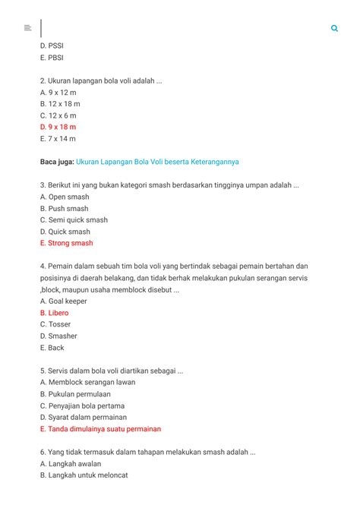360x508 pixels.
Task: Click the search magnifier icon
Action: pyautogui.click(x=334, y=28)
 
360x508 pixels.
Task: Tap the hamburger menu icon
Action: pyautogui.click(x=27, y=28)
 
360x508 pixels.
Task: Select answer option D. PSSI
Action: pyautogui.click(x=52, y=46)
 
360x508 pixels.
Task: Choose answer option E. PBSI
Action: pyautogui.click(x=52, y=57)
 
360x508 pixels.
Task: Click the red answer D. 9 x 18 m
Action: pyautogui.click(x=58, y=127)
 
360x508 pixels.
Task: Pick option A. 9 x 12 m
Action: pyautogui.click(x=58, y=92)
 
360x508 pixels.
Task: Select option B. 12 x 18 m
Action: pyautogui.click(x=60, y=103)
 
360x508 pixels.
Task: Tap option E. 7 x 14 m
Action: pyautogui.click(x=58, y=139)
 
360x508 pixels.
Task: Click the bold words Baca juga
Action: pyautogui.click(x=56, y=162)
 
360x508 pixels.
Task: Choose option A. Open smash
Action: pyautogui.click(x=65, y=197)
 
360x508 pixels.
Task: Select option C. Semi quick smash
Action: pyautogui.click(x=74, y=220)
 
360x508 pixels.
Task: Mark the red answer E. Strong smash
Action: pyautogui.click(x=66, y=243)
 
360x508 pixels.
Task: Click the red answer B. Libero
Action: pyautogui.click(x=54, y=313)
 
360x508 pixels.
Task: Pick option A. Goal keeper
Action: pyautogui.click(x=63, y=301)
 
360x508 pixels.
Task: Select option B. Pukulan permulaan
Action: pyautogui.click(x=75, y=394)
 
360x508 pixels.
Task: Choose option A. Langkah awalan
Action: pyautogui.click(x=70, y=464)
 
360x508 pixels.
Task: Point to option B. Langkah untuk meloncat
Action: pyautogui.click(x=84, y=475)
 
